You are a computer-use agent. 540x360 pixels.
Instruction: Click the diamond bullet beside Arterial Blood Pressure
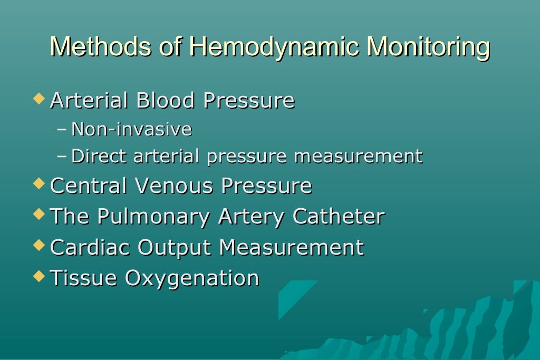[x=38, y=99]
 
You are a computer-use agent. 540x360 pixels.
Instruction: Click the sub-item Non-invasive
[x=131, y=129]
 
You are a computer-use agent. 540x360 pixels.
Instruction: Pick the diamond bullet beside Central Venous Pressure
[x=38, y=184]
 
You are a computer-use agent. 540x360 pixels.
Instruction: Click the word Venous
[x=174, y=186]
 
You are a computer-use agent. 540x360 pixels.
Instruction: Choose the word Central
[x=89, y=186]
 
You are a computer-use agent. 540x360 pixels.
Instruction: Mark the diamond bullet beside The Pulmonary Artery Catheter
[x=38, y=215]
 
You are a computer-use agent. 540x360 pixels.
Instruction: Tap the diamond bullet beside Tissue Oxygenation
[x=38, y=276]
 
